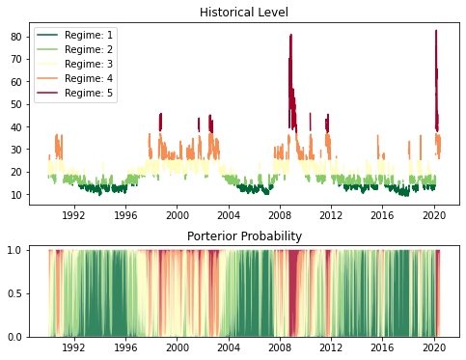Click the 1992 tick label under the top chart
click(74, 215)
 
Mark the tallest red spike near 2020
click(435, 31)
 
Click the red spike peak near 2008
click(290, 36)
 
